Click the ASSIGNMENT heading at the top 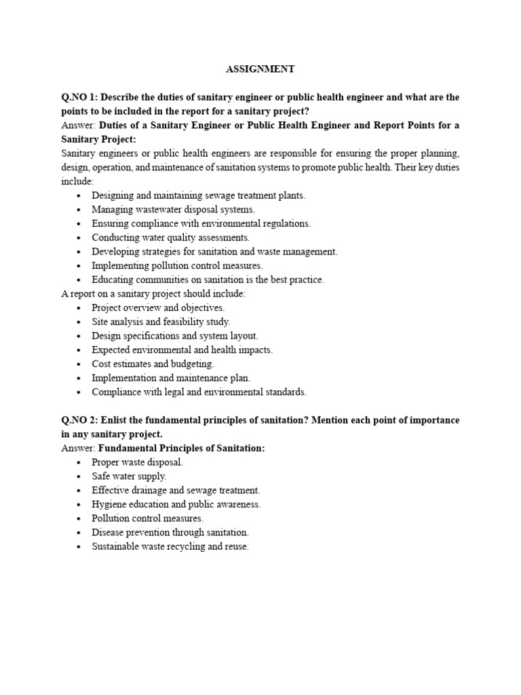tap(260, 69)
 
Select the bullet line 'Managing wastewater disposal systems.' tap(173, 209)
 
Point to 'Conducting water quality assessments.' tap(171, 238)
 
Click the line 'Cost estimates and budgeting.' tap(157, 364)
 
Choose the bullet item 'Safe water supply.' tap(129, 476)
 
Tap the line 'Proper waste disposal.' tap(138, 462)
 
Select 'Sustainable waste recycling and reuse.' tap(170, 546)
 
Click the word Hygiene tap(109, 504)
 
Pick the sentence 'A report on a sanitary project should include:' tap(153, 293)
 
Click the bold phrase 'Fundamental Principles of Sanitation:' tap(182, 448)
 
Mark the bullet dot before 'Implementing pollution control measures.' tap(79, 266)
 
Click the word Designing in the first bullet tap(113, 195)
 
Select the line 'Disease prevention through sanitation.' tap(170, 532)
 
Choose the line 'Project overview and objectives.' tap(158, 307)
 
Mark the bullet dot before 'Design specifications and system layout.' tap(79, 336)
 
